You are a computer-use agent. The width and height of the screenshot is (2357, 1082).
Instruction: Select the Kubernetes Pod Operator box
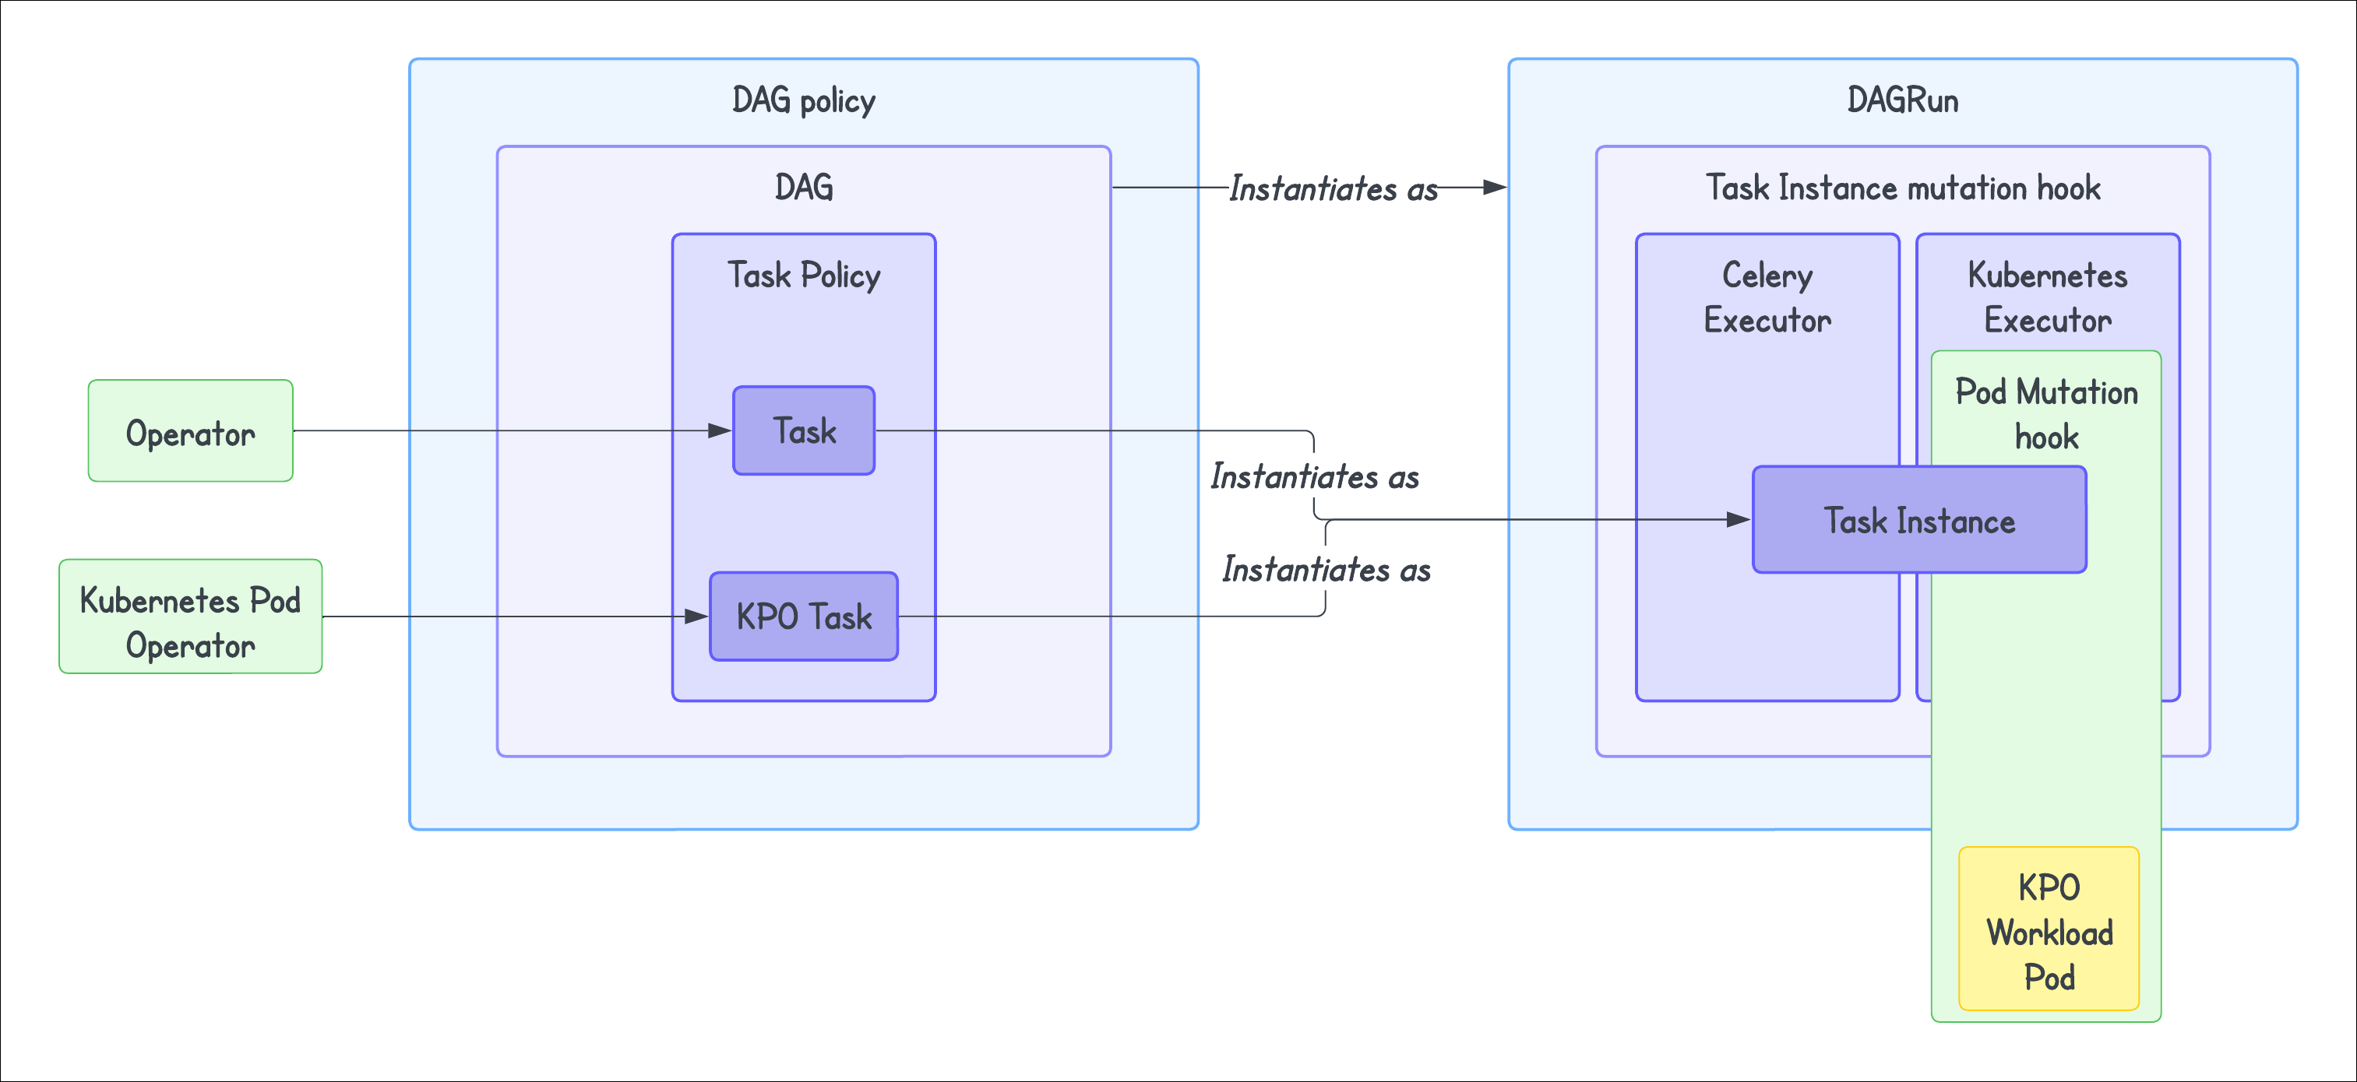coord(190,617)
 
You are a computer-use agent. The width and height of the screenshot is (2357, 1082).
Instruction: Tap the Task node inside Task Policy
coord(803,430)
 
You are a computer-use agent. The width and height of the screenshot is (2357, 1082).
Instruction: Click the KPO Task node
coord(803,617)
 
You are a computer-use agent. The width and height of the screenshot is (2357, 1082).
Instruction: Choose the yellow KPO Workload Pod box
coord(2049,930)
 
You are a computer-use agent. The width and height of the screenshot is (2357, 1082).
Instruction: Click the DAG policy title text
coord(803,100)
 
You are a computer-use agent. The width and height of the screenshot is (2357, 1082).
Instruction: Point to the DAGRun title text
coord(1902,100)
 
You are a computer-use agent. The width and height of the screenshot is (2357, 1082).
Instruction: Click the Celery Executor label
coord(1767,297)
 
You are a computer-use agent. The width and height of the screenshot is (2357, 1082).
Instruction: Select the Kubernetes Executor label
coord(2047,297)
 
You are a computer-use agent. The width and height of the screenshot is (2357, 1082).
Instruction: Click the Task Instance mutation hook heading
coord(1902,188)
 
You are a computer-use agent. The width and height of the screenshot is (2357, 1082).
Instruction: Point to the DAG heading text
coord(803,188)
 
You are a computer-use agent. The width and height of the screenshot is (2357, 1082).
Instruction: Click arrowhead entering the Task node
coord(721,430)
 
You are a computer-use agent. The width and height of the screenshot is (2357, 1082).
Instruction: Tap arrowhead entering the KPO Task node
coord(698,617)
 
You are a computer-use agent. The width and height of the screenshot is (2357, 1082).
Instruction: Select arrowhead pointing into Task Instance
coord(1739,519)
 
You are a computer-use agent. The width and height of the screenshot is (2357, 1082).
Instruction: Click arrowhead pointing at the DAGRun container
coord(1495,188)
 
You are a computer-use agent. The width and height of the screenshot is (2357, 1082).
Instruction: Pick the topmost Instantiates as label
coord(1332,188)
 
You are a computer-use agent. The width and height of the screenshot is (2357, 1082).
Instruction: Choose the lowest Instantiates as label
coord(1326,570)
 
